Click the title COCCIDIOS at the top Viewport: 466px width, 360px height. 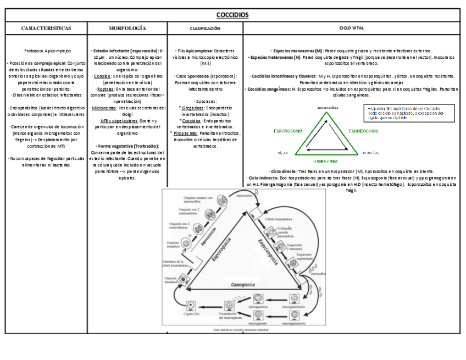click(232, 15)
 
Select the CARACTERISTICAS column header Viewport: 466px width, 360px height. click(46, 27)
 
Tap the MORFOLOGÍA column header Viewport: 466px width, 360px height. click(127, 27)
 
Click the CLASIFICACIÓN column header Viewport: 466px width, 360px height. click(205, 27)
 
